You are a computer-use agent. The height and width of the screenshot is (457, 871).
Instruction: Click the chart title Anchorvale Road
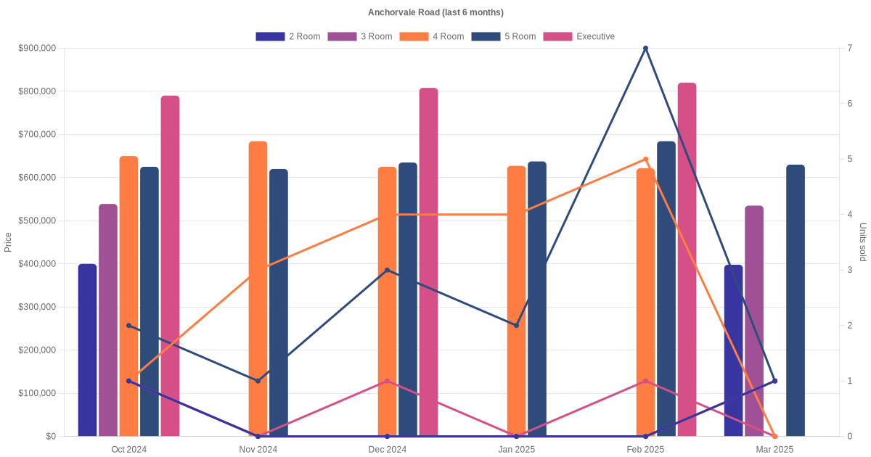coord(435,12)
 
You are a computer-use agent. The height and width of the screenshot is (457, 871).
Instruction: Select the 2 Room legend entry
coord(287,36)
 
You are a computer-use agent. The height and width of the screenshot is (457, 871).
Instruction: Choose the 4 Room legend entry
coord(431,36)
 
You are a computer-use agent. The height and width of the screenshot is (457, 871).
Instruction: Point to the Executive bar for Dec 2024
coord(428,262)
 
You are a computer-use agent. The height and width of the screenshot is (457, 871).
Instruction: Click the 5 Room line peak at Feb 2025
coord(645,49)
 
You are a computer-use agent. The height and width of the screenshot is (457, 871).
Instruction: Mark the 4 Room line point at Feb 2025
coord(645,160)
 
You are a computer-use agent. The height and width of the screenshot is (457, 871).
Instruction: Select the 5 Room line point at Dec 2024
coord(387,270)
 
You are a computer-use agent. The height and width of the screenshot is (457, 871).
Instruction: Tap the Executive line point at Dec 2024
coord(387,381)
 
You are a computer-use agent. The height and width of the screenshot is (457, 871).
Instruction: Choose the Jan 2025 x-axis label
coord(516,449)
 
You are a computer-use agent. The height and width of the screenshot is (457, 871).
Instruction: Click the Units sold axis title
coord(862,242)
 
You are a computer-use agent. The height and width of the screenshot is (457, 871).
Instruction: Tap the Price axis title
coord(8,242)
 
